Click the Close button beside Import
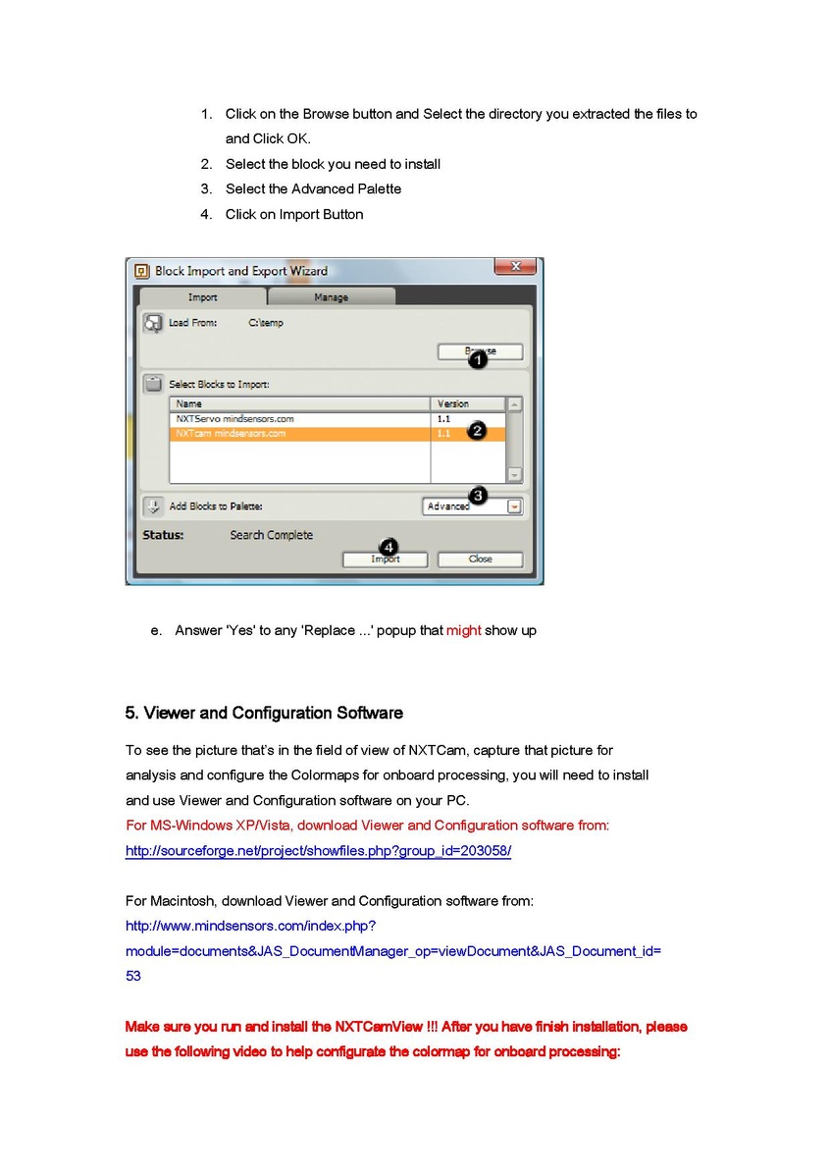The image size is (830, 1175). (x=480, y=559)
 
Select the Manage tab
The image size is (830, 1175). (x=331, y=297)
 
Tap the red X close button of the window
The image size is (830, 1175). (x=514, y=267)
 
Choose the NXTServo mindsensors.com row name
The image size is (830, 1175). (x=234, y=419)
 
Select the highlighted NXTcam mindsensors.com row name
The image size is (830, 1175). (x=231, y=433)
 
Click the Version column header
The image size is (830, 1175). (x=453, y=403)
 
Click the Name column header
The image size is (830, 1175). (x=189, y=403)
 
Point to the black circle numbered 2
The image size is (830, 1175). (x=477, y=431)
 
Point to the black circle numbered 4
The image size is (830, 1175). (x=389, y=547)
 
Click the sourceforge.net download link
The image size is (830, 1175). (x=318, y=851)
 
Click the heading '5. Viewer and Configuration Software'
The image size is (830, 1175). (x=264, y=713)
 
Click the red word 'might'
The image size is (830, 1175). (x=464, y=630)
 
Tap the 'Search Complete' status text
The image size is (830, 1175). (x=272, y=535)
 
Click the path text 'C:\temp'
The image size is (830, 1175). (x=266, y=323)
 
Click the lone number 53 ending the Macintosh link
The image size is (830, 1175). (x=133, y=976)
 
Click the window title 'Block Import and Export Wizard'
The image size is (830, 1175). (x=241, y=271)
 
